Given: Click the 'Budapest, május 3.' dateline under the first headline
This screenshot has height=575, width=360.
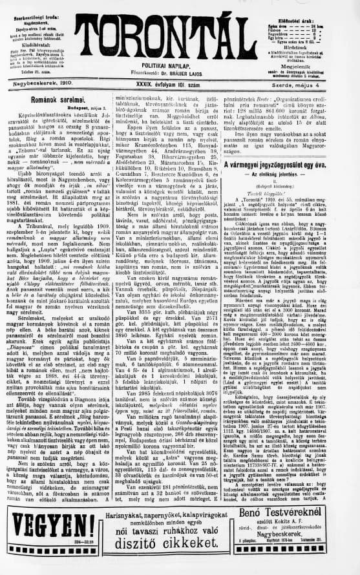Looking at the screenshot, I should coord(84,114).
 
